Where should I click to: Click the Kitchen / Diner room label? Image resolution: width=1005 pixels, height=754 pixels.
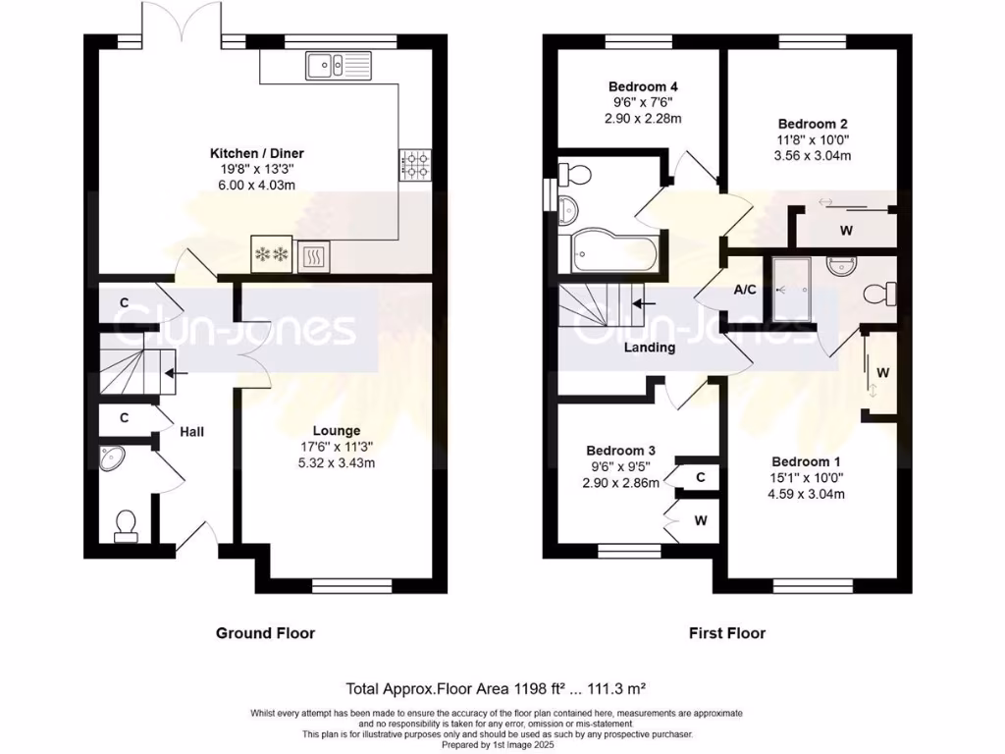256,153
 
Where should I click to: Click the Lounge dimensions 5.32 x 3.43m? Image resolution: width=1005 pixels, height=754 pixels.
337,463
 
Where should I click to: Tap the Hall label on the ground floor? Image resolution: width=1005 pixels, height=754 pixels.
191,431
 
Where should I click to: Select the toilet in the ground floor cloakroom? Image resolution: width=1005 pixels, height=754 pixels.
125,526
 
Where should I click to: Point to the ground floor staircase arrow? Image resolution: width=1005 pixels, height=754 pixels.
178,373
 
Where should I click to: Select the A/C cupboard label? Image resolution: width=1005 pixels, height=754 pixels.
745,291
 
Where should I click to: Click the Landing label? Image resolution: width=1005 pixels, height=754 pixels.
651,348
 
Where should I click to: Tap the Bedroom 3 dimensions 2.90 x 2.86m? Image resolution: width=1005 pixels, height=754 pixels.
617,483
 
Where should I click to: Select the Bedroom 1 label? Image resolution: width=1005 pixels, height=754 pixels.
806,461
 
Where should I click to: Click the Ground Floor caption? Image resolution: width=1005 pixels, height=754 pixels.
265,633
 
